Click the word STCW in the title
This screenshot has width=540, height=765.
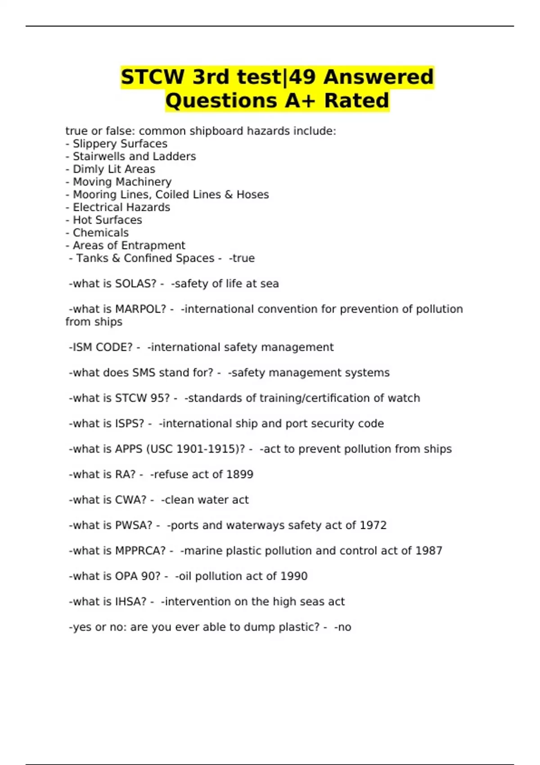[x=153, y=77]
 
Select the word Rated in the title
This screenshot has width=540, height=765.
[x=356, y=100]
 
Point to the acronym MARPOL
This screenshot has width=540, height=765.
[x=140, y=309]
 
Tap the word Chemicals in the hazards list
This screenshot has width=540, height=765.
[x=101, y=233]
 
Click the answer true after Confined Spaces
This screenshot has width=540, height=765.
[x=243, y=258]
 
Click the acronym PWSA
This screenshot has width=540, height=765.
[x=134, y=525]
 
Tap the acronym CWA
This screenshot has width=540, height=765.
[x=130, y=500]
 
